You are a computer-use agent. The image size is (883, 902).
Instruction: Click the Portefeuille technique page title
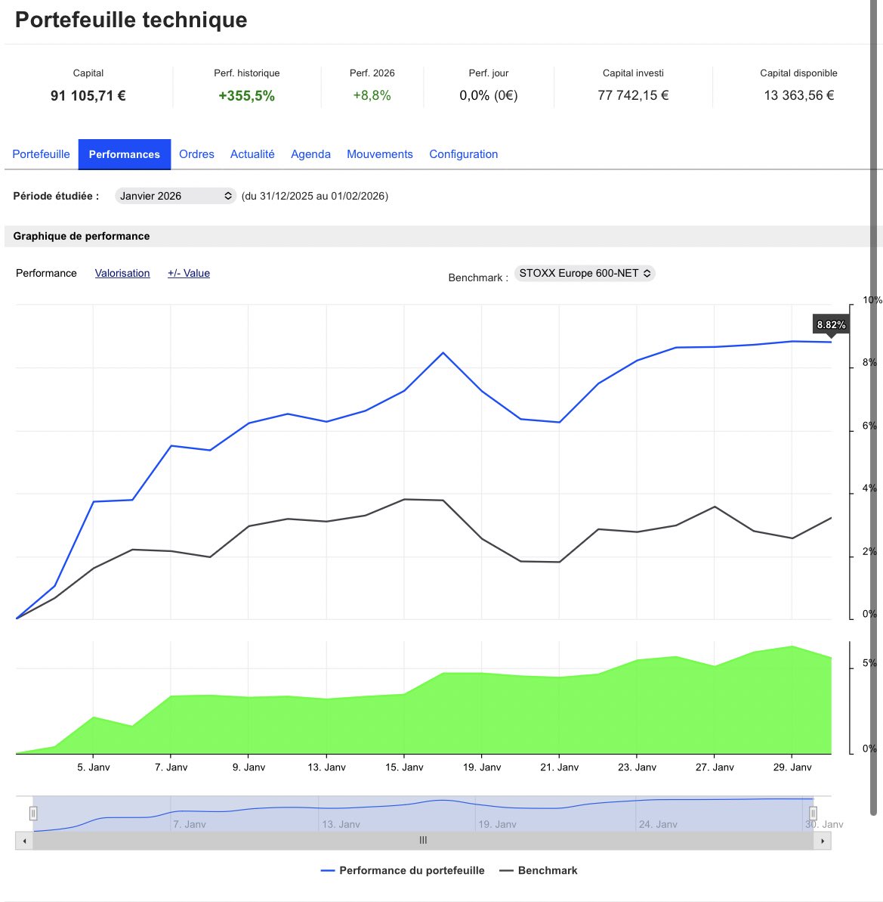click(131, 20)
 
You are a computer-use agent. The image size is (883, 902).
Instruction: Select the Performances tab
click(124, 154)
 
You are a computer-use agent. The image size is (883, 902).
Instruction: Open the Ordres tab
click(196, 154)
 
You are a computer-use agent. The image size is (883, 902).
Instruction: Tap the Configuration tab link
click(463, 154)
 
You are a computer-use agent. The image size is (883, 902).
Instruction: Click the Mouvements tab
click(379, 154)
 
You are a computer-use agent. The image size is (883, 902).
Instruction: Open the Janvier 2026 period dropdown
click(175, 196)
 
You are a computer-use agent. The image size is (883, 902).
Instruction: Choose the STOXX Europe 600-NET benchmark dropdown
click(584, 274)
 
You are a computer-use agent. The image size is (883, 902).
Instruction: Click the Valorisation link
click(122, 274)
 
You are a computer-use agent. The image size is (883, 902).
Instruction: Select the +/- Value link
click(189, 274)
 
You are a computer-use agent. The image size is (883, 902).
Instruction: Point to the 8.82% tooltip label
click(831, 325)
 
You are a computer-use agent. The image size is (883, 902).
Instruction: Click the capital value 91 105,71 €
click(88, 96)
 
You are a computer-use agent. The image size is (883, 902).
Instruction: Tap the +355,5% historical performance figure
click(246, 96)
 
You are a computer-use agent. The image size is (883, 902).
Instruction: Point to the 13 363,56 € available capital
click(798, 96)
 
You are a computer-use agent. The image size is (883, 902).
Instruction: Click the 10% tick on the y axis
click(872, 300)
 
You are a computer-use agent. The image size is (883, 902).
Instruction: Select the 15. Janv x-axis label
click(404, 767)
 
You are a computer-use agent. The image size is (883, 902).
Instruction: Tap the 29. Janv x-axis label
click(792, 767)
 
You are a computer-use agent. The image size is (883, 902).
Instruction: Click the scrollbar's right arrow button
click(823, 841)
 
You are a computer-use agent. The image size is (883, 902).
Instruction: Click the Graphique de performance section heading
click(82, 237)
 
